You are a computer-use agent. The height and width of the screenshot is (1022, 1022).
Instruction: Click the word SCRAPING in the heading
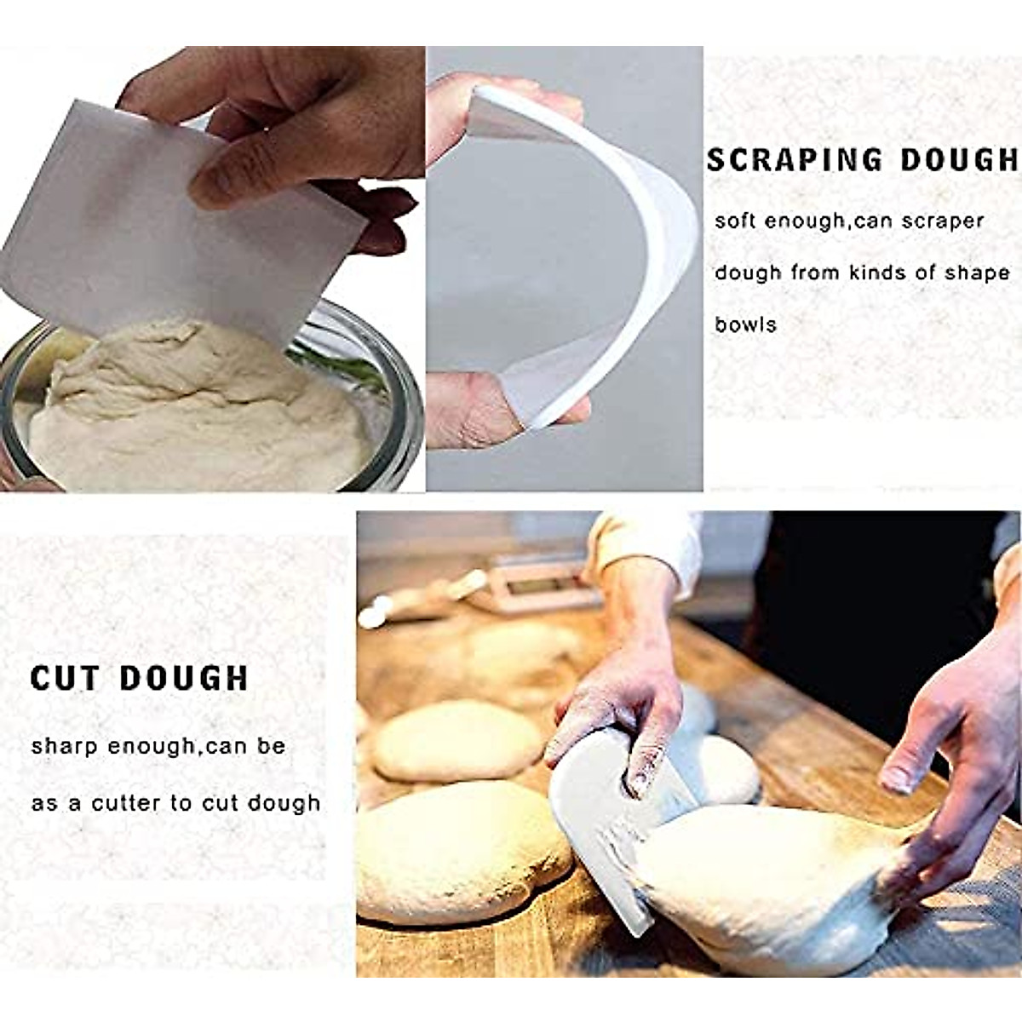point(783,160)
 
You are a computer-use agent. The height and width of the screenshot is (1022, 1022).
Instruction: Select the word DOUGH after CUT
point(184,679)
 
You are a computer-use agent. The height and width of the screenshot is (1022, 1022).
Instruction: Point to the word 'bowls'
point(745,324)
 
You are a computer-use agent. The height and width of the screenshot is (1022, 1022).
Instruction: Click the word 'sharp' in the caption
point(65,748)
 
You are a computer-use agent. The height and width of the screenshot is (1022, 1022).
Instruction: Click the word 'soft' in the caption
point(733,221)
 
